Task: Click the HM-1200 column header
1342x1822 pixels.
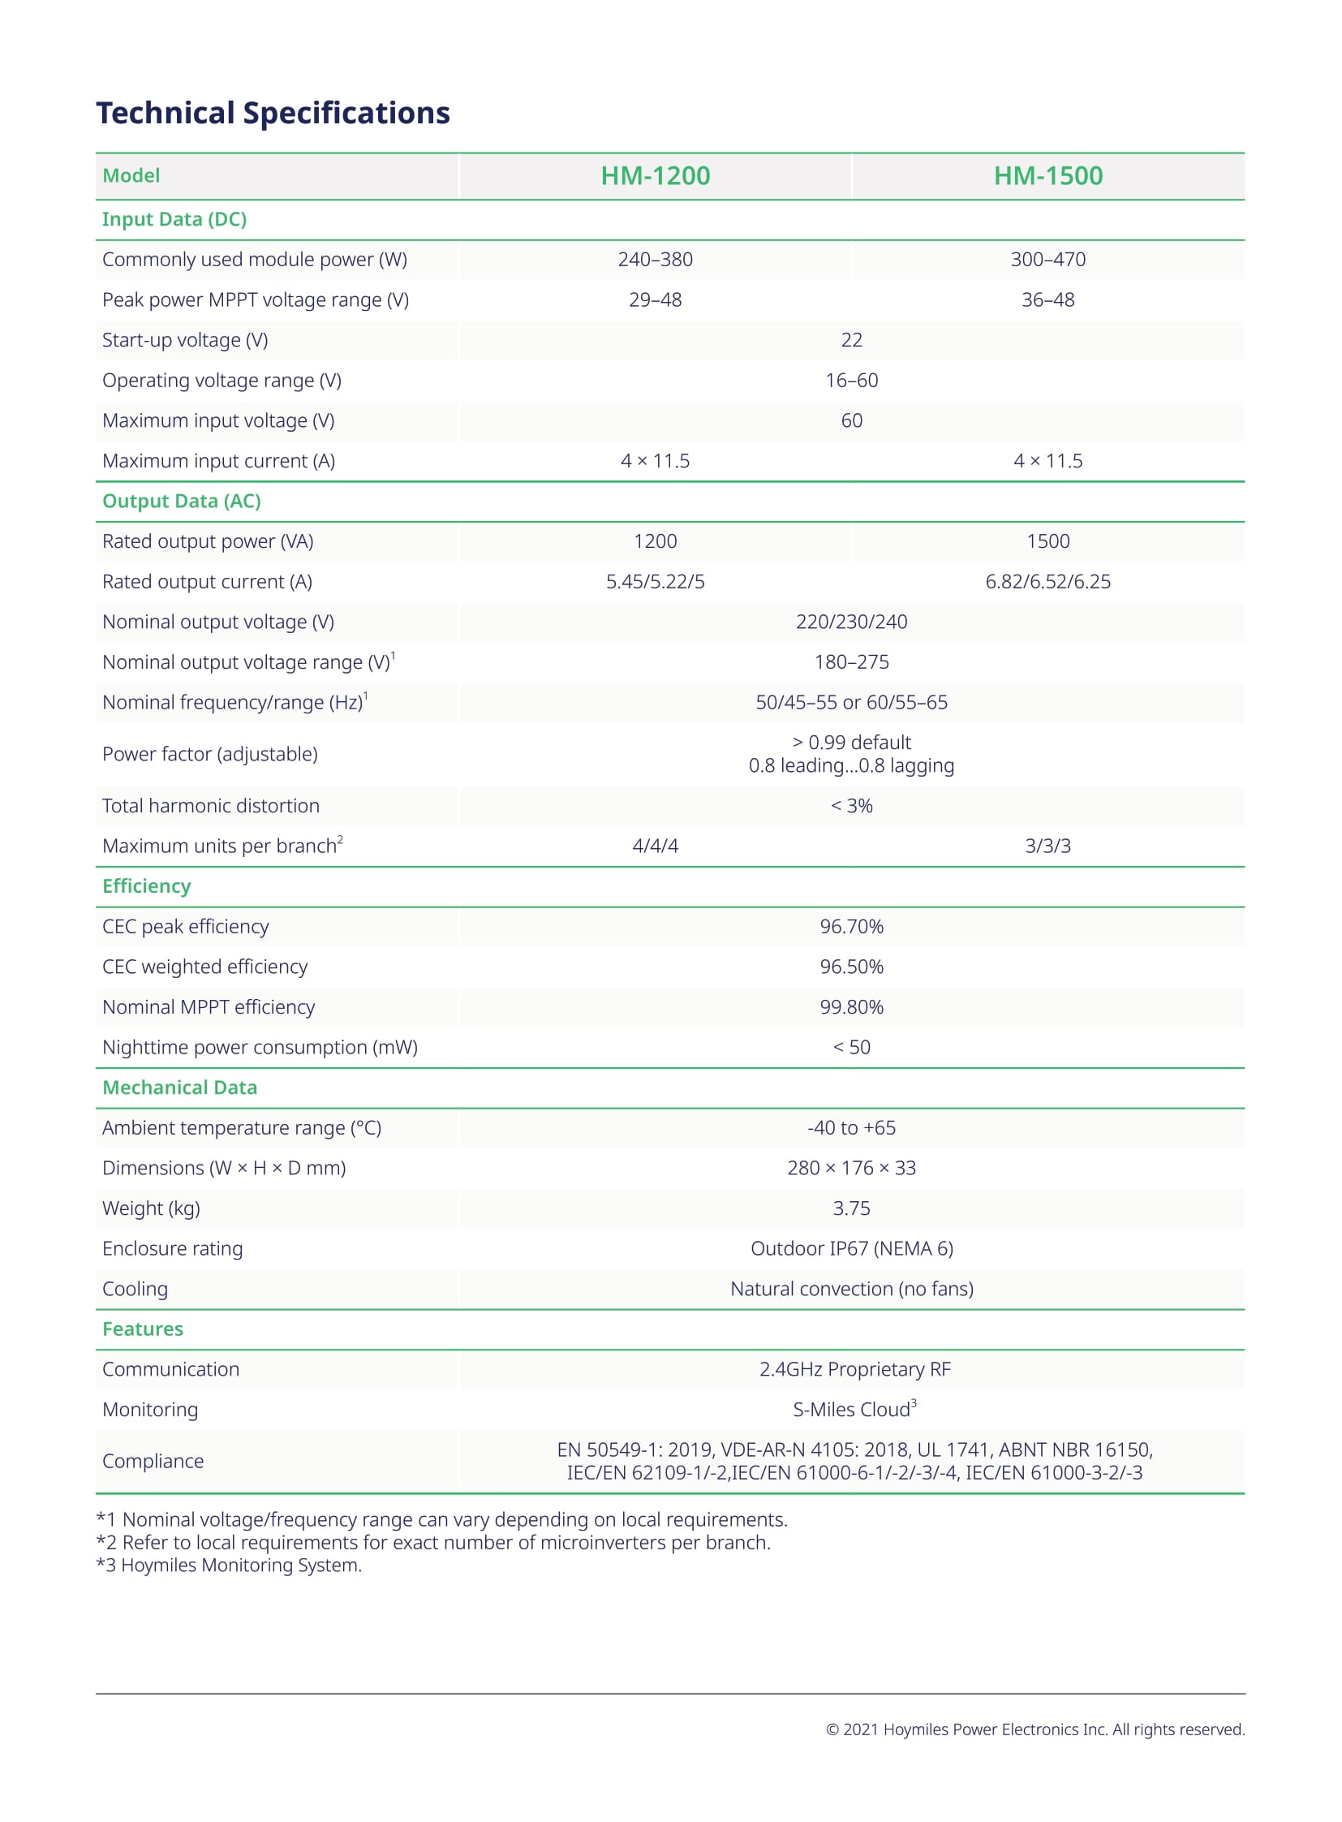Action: click(x=655, y=175)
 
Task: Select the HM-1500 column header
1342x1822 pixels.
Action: click(x=1048, y=175)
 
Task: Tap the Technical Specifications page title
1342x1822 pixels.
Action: click(x=273, y=113)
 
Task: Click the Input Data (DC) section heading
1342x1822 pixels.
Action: click(x=174, y=219)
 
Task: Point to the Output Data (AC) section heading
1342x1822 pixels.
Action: click(x=181, y=502)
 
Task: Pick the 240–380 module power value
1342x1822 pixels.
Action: click(x=655, y=259)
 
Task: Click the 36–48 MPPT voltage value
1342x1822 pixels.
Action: click(x=1048, y=299)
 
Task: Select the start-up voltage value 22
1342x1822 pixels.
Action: click(x=851, y=340)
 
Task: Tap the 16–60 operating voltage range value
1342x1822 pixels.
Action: click(x=851, y=381)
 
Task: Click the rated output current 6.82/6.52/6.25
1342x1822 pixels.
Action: click(x=1048, y=582)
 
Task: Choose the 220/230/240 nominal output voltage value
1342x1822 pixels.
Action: click(x=851, y=622)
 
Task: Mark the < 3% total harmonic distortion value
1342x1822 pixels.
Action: click(x=851, y=805)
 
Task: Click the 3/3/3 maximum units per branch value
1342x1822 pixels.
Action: click(x=1048, y=846)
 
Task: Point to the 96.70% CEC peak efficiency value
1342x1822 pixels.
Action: click(x=851, y=927)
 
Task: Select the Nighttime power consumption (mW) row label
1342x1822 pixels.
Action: click(x=260, y=1048)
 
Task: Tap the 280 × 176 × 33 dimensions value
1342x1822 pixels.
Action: click(x=851, y=1168)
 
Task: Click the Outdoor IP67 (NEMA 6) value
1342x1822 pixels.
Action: click(x=851, y=1248)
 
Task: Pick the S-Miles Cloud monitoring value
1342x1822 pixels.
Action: click(x=853, y=1410)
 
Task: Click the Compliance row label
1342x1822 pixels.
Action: click(x=153, y=1461)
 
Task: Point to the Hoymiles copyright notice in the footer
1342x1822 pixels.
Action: click(x=1035, y=1729)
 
